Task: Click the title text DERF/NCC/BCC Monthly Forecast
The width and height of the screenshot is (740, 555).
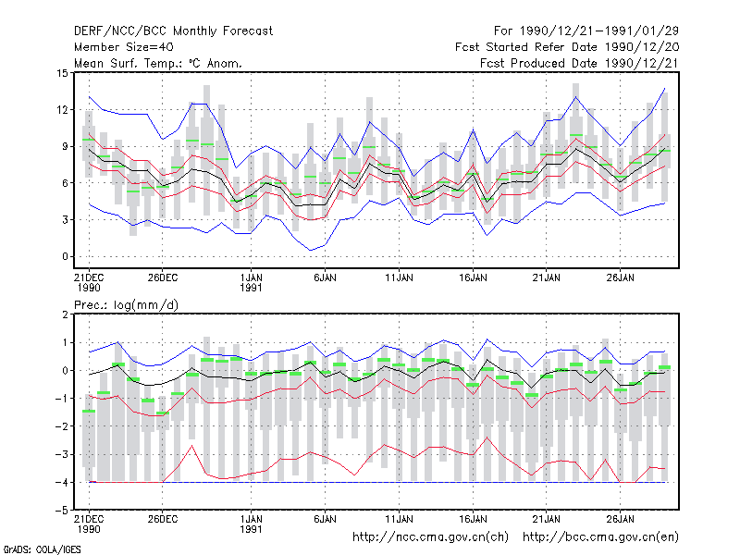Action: pyautogui.click(x=173, y=31)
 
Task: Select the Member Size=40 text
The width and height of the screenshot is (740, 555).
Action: pyautogui.click(x=124, y=47)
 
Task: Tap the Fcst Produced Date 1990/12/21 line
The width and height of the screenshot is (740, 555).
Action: pyautogui.click(x=579, y=63)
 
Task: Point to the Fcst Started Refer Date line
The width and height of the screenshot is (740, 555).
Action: pyautogui.click(x=567, y=47)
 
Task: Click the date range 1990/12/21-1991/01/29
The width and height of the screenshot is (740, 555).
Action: pyautogui.click(x=599, y=31)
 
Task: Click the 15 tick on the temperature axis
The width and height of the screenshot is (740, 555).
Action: pyautogui.click(x=62, y=73)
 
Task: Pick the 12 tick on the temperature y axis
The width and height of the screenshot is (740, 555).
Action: pyautogui.click(x=62, y=110)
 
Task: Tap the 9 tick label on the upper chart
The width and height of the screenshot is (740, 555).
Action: pyautogui.click(x=65, y=146)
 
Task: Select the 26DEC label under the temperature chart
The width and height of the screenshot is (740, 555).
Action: pyautogui.click(x=163, y=277)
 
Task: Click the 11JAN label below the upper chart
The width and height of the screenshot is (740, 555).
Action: pyautogui.click(x=399, y=277)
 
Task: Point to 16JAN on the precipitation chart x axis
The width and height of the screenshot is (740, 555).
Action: pyautogui.click(x=473, y=519)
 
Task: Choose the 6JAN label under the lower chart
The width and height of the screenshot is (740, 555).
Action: pyautogui.click(x=325, y=519)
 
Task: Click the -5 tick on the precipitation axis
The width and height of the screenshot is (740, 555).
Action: pyautogui.click(x=62, y=511)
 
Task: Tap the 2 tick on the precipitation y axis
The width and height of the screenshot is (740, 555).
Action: pyautogui.click(x=65, y=314)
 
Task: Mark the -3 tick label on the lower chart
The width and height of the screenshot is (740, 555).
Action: pyautogui.click(x=62, y=454)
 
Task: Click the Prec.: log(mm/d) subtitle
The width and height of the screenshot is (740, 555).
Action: pyautogui.click(x=126, y=305)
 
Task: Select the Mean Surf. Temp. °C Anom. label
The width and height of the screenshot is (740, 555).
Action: pyautogui.click(x=158, y=63)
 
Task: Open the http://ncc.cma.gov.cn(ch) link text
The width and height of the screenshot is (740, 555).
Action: pyautogui.click(x=430, y=537)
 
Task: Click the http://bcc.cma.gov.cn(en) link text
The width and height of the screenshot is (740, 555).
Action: pyautogui.click(x=600, y=537)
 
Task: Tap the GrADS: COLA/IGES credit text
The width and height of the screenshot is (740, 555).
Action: pyautogui.click(x=42, y=549)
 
